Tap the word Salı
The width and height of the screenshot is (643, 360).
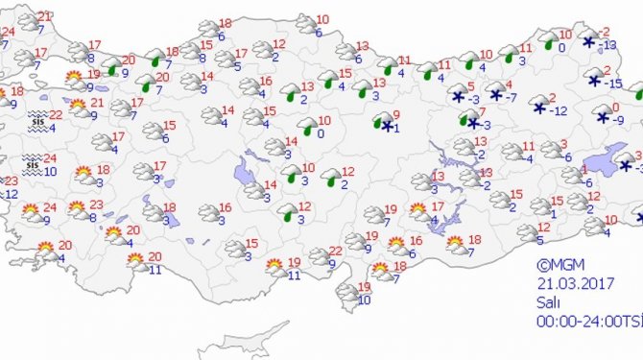coord(548,299)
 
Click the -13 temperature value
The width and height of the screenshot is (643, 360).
coord(608,45)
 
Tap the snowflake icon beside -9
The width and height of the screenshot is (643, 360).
coord(602,117)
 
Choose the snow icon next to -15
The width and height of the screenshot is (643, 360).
coord(590,79)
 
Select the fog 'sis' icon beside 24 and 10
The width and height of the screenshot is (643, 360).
coord(33,165)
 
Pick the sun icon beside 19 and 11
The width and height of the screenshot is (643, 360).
coord(274,266)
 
